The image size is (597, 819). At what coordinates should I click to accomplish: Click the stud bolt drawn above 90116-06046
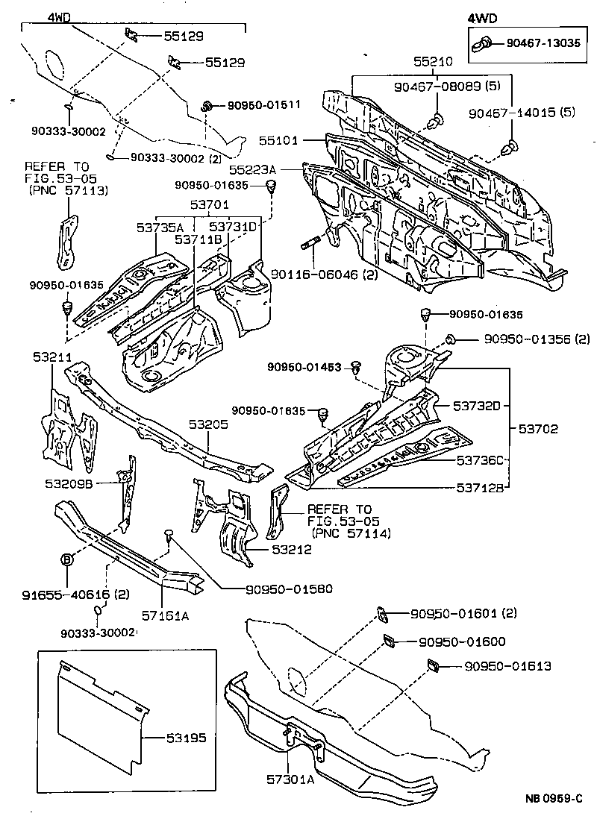tap(311, 242)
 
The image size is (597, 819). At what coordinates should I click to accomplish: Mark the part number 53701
tap(209, 204)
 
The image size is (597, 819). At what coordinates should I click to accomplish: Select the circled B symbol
tap(66, 559)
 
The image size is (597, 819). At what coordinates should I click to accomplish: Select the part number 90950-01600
tap(462, 641)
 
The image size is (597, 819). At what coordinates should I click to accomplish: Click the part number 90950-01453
tap(306, 367)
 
